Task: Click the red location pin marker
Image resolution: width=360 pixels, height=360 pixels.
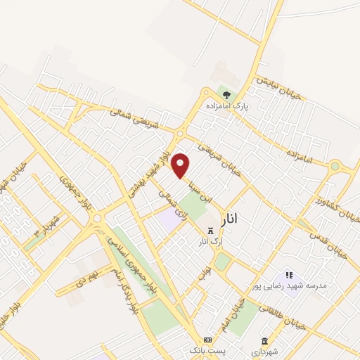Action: (181, 165)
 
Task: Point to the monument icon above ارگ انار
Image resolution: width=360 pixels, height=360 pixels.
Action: (209, 231)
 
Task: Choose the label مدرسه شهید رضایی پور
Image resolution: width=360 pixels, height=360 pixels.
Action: (287, 287)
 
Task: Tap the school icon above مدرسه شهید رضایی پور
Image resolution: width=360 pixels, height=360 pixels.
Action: (288, 275)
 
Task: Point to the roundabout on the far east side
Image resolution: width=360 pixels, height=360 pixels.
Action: (335, 167)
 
